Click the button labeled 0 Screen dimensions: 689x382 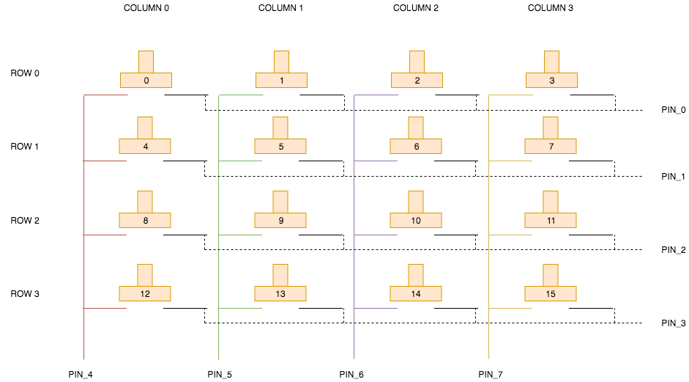146,80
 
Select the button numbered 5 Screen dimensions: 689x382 280,146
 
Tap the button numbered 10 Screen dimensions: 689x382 416,220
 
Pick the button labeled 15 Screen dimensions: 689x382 551,293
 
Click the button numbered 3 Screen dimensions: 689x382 551,80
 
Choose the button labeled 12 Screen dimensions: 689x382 145,293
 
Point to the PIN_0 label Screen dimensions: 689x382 673,110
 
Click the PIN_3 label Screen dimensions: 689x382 673,323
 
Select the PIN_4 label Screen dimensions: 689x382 81,375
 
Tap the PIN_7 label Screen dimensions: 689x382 491,375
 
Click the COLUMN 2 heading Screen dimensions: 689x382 416,8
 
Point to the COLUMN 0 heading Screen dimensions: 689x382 146,8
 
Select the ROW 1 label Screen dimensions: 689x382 25,147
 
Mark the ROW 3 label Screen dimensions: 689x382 25,293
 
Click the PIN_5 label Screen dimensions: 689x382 220,375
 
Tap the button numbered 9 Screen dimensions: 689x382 280,220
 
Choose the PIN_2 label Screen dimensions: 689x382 673,249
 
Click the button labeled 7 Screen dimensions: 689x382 551,146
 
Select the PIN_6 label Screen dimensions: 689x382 351,375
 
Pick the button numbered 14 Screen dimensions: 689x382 416,293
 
